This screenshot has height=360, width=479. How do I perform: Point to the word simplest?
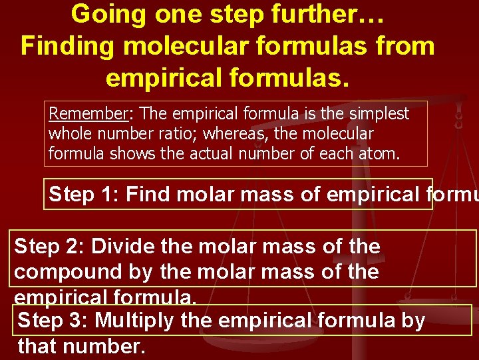pyautogui.click(x=380, y=114)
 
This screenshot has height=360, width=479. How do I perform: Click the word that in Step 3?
pyautogui.click(x=39, y=346)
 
